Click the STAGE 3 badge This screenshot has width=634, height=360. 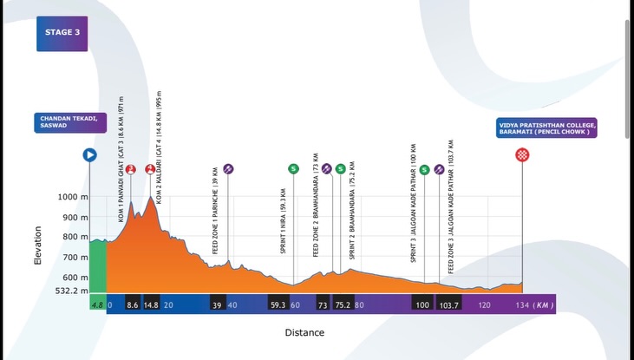61,33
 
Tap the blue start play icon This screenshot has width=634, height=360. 88,154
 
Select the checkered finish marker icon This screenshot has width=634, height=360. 522,154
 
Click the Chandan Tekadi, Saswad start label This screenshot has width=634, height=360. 71,122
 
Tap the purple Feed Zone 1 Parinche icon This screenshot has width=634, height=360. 228,168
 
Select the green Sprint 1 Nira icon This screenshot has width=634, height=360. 294,168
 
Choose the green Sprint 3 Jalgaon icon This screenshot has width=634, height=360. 423,168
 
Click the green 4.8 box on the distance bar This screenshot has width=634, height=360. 98,305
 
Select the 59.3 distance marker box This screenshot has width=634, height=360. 278,305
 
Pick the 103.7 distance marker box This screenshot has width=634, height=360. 448,305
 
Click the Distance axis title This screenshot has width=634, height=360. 304,332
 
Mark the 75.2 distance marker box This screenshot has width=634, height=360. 343,305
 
